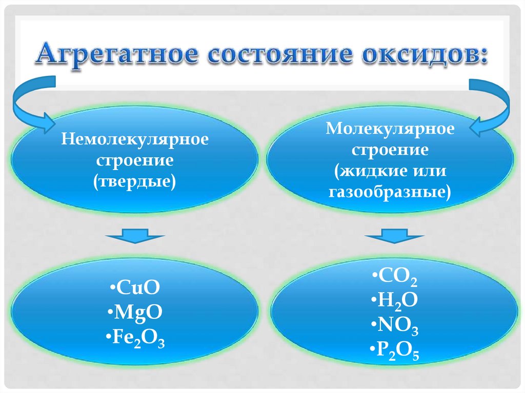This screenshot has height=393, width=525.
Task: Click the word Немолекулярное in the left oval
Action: (135, 140)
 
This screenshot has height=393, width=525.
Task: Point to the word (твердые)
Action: (135, 181)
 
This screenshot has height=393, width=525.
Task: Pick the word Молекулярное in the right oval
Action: (390, 129)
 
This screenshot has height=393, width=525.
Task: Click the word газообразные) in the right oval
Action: (390, 192)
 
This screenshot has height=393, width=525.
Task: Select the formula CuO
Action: (135, 288)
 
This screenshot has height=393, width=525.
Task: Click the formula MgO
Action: (135, 313)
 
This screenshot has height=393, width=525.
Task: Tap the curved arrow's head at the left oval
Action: (49, 123)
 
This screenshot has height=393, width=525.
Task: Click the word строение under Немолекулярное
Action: (135, 160)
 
